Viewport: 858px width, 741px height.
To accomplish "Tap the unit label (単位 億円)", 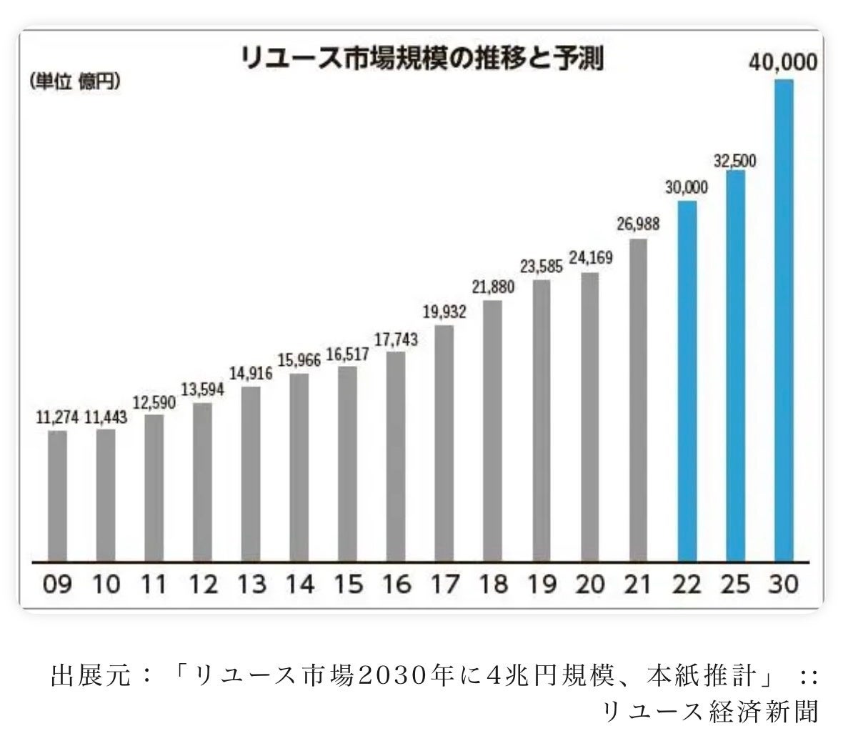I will [75, 81].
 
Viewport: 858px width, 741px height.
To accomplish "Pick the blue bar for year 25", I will [735, 365].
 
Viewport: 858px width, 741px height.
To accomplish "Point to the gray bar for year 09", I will [57, 496].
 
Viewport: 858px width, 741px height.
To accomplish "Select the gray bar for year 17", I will [444, 443].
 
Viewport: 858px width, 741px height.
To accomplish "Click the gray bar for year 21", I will [638, 399].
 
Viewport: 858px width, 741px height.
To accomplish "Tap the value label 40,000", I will [783, 63].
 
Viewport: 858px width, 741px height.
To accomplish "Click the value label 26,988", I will [637, 224].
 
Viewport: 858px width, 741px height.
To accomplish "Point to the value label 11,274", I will [57, 417].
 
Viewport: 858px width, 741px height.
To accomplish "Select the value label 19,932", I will [444, 312].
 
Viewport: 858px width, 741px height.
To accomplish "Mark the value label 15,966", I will [299, 360].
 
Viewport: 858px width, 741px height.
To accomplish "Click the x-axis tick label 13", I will [251, 585].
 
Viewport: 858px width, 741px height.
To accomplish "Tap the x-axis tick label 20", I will [590, 585].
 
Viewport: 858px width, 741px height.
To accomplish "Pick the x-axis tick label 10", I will [106, 585].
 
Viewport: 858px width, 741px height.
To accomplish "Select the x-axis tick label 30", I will [783, 585].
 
